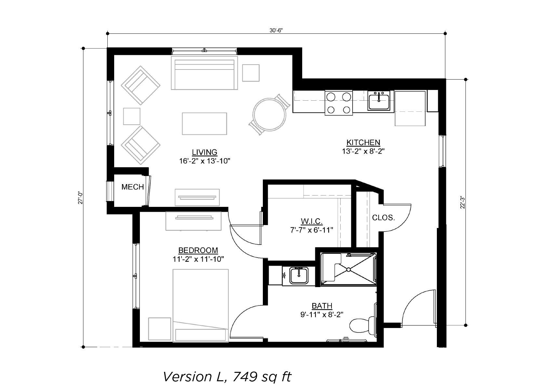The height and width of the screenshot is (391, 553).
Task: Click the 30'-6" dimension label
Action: [276, 30]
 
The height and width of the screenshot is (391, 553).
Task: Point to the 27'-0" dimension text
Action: [80, 197]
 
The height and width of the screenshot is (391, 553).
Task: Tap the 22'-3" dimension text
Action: [462, 202]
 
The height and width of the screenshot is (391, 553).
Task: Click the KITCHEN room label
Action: [363, 143]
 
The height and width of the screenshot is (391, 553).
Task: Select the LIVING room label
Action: [205, 152]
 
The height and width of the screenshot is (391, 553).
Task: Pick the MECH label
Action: [133, 187]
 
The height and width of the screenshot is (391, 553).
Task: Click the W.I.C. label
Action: [312, 221]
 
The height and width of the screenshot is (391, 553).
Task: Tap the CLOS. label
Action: [384, 218]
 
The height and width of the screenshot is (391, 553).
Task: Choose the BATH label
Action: [322, 306]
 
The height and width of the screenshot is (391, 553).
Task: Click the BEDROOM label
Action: [198, 250]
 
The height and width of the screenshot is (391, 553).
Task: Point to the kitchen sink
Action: [379, 101]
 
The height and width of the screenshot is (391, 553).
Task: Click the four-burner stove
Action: [338, 103]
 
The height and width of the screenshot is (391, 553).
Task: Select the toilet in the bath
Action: [363, 325]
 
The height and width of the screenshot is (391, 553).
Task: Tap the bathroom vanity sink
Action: [299, 276]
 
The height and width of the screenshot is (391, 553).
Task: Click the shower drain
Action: [348, 270]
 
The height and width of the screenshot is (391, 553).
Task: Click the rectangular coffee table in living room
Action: [204, 124]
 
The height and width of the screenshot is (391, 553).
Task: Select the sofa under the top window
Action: [204, 73]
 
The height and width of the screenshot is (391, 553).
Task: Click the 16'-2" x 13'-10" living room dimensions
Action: [205, 161]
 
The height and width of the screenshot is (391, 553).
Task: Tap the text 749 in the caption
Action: [245, 377]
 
